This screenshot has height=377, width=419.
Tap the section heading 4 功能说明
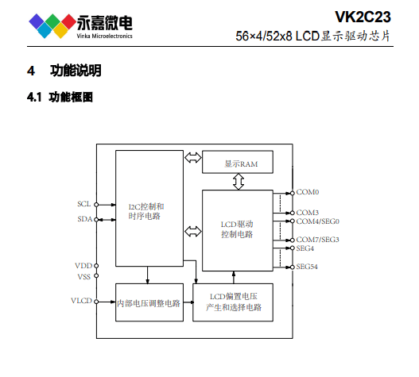tap(64, 71)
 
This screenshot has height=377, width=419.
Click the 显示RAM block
tap(237, 163)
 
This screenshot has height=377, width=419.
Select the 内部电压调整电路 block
tap(148, 302)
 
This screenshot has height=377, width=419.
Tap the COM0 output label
tap(308, 192)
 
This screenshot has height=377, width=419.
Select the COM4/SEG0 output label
tap(318, 221)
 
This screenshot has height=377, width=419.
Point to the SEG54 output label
tap(308, 267)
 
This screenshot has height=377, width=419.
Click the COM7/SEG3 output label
tap(318, 240)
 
